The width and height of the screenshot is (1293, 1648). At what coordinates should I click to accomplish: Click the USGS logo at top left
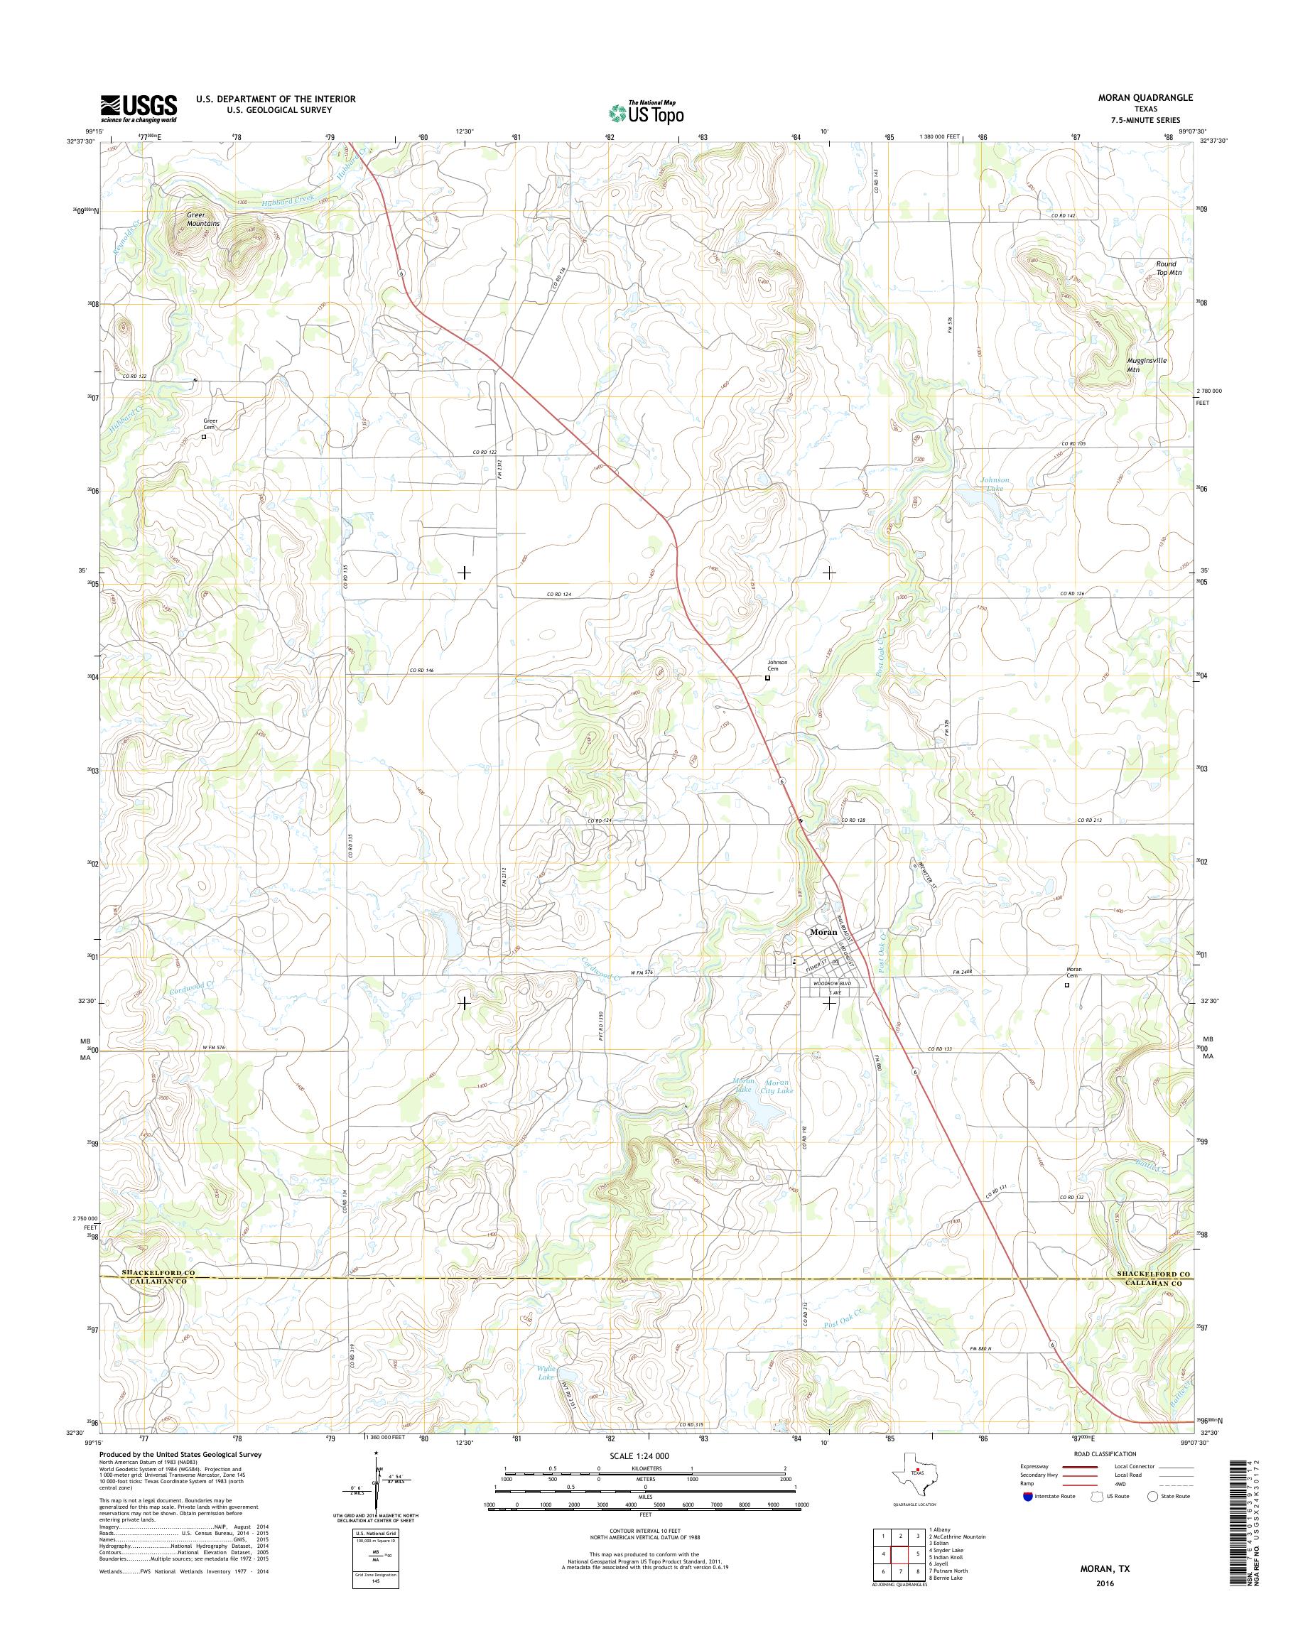(139, 108)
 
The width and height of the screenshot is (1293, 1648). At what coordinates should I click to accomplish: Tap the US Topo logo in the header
(646, 113)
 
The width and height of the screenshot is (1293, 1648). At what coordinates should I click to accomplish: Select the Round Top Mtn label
(1166, 267)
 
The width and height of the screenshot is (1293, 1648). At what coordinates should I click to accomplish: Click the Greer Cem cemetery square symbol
(204, 436)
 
